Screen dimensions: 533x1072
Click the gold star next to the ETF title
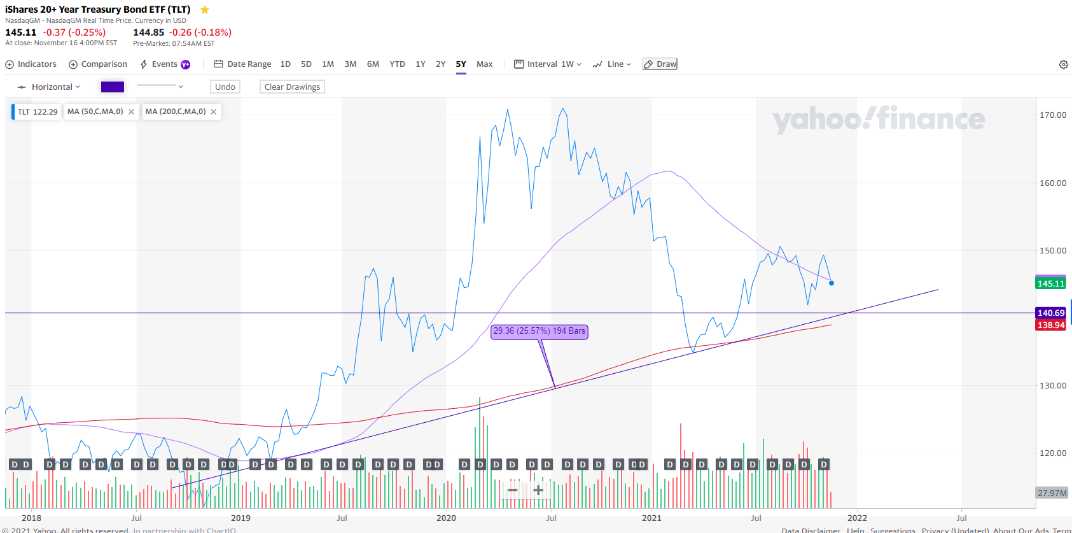pos(205,10)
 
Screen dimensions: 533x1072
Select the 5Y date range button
pos(461,64)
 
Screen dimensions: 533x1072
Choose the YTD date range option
pos(397,64)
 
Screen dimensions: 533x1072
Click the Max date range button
pos(484,64)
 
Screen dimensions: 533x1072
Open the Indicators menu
pos(31,64)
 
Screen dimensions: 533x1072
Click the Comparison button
pos(98,64)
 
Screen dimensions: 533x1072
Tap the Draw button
pos(660,64)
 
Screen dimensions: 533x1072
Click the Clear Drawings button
pos(292,87)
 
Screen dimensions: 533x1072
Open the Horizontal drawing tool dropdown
pos(49,87)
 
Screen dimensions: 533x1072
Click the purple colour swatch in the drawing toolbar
pos(113,87)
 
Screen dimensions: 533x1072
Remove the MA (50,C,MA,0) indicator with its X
pos(132,111)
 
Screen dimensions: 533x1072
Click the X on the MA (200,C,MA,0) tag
pos(214,111)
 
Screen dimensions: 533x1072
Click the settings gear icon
pos(1063,64)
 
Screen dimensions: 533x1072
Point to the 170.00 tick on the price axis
pos(1052,115)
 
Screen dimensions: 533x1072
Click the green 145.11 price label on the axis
pos(1050,283)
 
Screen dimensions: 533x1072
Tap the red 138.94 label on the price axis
pos(1050,325)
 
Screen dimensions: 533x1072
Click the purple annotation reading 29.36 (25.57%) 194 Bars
pos(539,331)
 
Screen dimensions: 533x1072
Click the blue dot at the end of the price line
pos(832,283)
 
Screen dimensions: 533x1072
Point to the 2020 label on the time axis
pos(446,518)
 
